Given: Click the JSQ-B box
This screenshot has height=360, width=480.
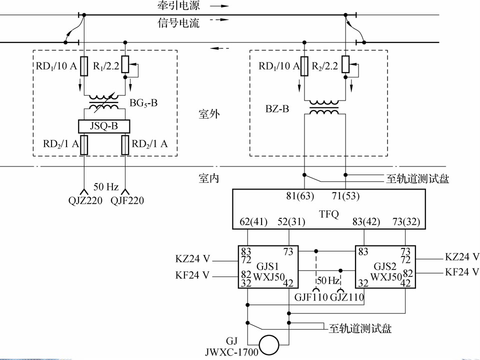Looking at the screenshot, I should coord(103,126).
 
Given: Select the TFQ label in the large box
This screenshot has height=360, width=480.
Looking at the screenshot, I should coord(328,214).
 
